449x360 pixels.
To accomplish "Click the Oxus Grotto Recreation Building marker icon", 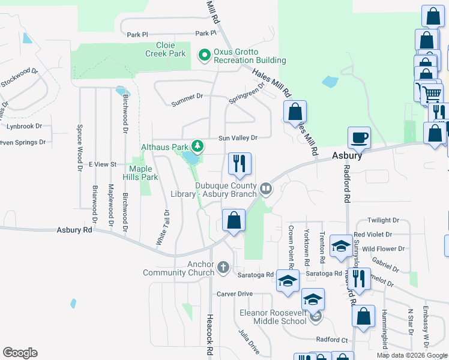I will [204, 55].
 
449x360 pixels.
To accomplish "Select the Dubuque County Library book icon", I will [265, 190].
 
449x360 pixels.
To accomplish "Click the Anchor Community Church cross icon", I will [223, 267].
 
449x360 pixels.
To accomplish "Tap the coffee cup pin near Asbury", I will [359, 138].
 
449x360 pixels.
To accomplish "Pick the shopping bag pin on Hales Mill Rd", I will [295, 112].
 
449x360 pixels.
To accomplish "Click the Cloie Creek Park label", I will [165, 49].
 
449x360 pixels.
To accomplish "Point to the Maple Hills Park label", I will [143, 173].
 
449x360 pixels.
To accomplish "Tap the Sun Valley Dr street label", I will [237, 138].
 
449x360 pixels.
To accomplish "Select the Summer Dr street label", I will [187, 100].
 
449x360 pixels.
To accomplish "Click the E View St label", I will [102, 164].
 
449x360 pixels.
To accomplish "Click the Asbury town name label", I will [348, 155].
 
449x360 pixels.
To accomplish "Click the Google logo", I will [20, 353].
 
